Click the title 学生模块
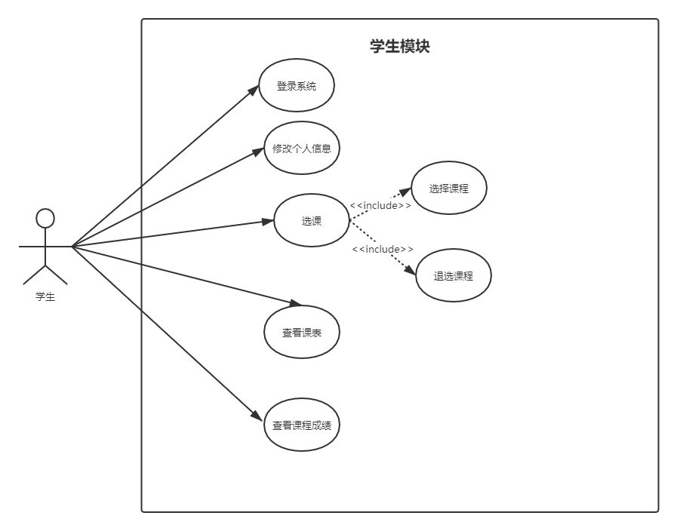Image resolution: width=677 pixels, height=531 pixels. point(399,47)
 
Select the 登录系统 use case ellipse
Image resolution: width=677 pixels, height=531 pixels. point(296,86)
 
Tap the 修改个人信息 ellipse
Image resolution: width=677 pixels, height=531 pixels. point(302,148)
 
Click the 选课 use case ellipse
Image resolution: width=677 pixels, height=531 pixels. point(311,220)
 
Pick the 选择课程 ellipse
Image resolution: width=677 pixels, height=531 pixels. point(448,188)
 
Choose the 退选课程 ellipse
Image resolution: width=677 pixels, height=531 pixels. point(453,275)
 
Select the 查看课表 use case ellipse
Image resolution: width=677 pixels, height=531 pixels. point(302,332)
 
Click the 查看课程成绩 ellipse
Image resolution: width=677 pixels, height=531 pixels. point(302,425)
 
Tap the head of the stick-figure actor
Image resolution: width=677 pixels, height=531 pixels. point(45,219)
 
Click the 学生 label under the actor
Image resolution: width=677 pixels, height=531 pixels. point(45,297)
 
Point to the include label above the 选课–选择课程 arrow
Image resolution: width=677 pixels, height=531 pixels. point(380,205)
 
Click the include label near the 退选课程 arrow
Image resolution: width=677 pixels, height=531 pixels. point(383,249)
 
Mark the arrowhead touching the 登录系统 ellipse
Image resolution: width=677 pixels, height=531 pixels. point(254,90)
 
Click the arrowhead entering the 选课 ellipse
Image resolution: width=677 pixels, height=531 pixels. point(268,222)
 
